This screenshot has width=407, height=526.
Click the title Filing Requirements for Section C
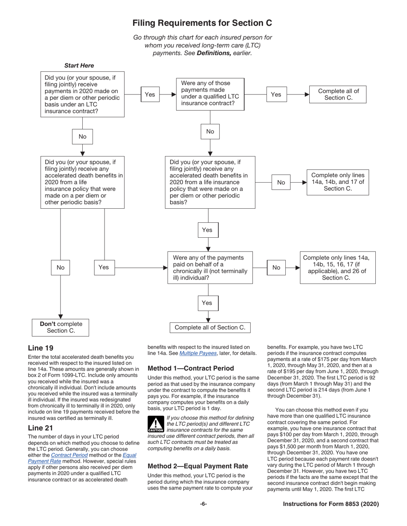pyautogui.click(x=202, y=23)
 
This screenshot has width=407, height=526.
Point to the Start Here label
pyautogui.click(x=79, y=65)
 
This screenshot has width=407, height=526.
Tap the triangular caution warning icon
pyautogui.click(x=156, y=423)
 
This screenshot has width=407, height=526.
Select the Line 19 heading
pyautogui.click(x=41, y=348)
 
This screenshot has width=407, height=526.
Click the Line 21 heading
pyautogui.click(x=41, y=428)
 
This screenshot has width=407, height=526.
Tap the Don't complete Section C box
pyautogui.click(x=60, y=327)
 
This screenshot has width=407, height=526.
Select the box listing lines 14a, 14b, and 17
pyautogui.click(x=338, y=182)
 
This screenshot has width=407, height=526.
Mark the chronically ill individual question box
pyautogui.click(x=210, y=268)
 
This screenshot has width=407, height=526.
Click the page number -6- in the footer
pyautogui.click(x=203, y=504)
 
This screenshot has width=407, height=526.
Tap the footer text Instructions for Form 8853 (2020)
pyautogui.click(x=331, y=504)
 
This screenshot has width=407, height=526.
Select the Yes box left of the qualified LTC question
pyautogui.click(x=150, y=95)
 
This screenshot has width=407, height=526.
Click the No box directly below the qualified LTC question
pyautogui.click(x=210, y=132)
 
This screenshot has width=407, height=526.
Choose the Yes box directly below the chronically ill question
pyautogui.click(x=207, y=303)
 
